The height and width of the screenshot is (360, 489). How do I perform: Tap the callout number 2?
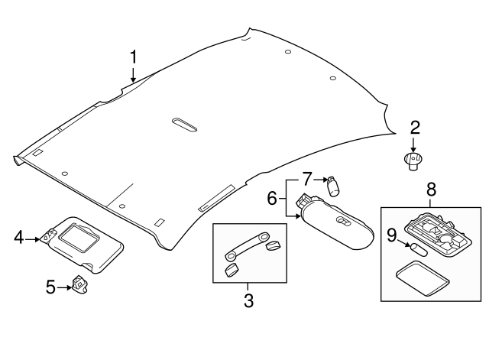pyautogui.click(x=415, y=128)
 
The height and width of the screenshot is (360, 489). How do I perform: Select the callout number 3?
pyautogui.click(x=248, y=301)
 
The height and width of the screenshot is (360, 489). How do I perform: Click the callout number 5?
pyautogui.click(x=52, y=287)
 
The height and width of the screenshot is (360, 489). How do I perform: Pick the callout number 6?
pyautogui.click(x=271, y=199)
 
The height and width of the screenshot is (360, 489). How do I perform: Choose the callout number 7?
pyautogui.click(x=306, y=180)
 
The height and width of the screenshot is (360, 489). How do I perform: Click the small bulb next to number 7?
pyautogui.click(x=332, y=185)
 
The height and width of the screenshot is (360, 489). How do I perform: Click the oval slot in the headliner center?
pyautogui.click(x=183, y=124)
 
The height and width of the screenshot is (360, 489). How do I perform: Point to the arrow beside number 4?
pyautogui.click(x=34, y=239)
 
